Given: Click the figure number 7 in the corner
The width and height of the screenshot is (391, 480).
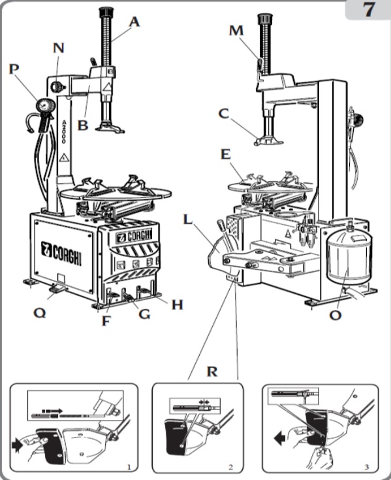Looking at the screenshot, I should pyautogui.click(x=369, y=11).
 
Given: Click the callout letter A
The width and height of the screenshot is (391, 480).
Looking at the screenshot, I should pyautogui.click(x=134, y=22).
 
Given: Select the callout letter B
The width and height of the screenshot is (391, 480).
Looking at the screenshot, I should pyautogui.click(x=82, y=124).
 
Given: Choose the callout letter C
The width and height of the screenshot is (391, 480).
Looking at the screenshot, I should pyautogui.click(x=224, y=113).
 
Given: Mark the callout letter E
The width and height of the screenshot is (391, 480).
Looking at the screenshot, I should pyautogui.click(x=226, y=154).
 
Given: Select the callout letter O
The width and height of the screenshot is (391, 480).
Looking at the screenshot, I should pyautogui.click(x=336, y=316).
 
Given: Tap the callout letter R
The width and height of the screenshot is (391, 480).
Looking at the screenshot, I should pyautogui.click(x=212, y=372).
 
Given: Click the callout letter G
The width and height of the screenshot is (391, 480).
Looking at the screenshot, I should pyautogui.click(x=144, y=315).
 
